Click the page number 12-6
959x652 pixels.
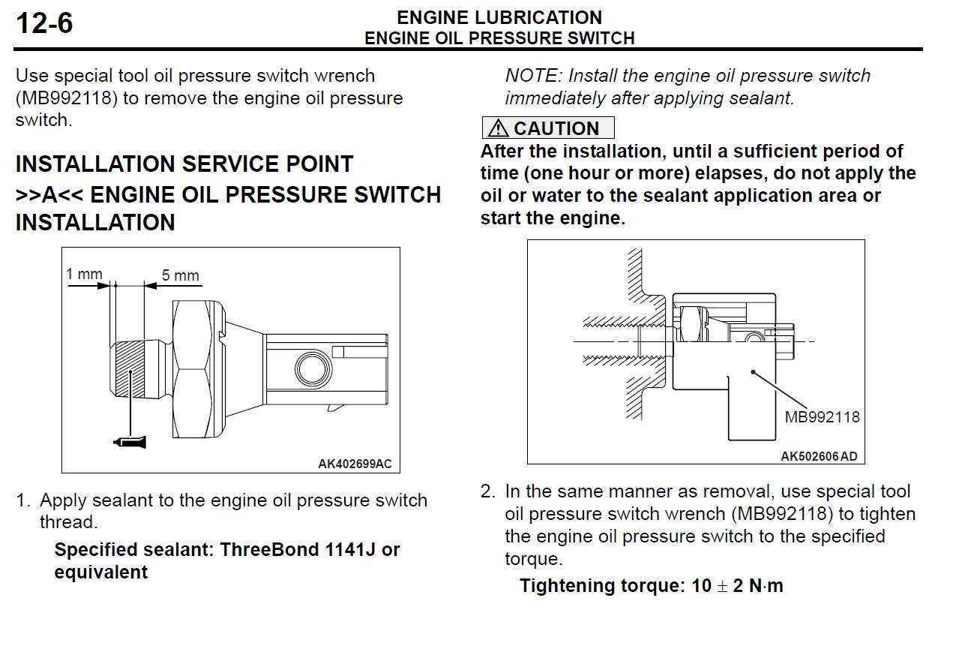point(44,23)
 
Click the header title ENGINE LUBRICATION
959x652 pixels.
point(499,17)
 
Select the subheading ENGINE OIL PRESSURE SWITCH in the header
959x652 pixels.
point(499,38)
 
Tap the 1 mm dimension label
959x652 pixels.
point(84,274)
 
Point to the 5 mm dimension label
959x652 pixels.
point(181,275)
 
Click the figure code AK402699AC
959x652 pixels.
point(354,464)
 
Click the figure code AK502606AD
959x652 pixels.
point(818,456)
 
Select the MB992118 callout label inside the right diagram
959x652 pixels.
point(822,416)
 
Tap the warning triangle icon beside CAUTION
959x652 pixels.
point(497,128)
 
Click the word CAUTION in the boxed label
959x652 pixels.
point(556,128)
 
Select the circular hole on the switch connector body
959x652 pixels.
point(310,368)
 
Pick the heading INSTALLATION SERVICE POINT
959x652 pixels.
point(184,164)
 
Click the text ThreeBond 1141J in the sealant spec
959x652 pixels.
point(297,550)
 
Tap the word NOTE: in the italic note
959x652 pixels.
point(533,76)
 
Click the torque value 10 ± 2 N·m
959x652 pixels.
point(737,586)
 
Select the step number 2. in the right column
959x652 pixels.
point(488,492)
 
